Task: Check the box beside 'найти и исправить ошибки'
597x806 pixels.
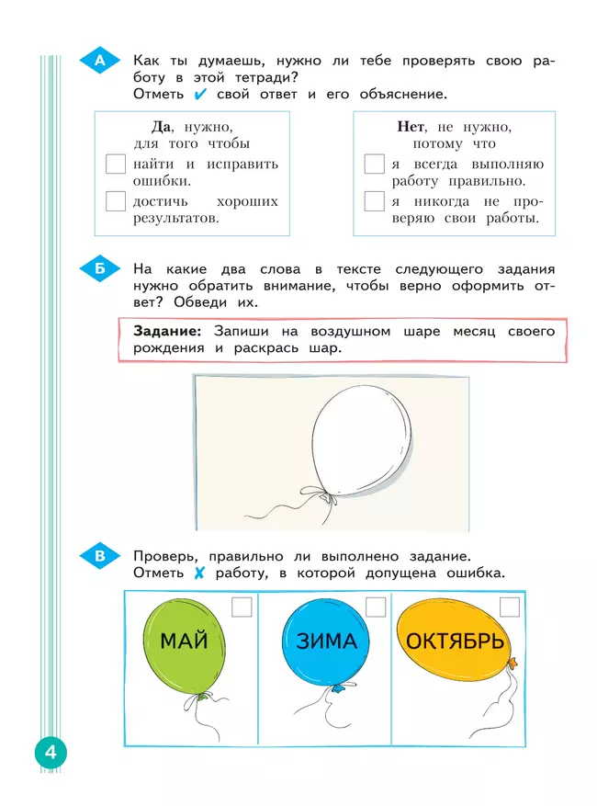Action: pyautogui.click(x=116, y=165)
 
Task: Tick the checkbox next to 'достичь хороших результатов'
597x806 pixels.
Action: pyautogui.click(x=116, y=201)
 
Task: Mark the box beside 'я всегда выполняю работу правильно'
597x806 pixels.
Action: pyautogui.click(x=374, y=165)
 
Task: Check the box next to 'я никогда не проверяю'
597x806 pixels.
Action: pyautogui.click(x=374, y=201)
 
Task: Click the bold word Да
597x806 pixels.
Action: pyautogui.click(x=163, y=126)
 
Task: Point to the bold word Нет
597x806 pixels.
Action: pyautogui.click(x=410, y=126)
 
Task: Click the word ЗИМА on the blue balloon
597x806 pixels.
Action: pyautogui.click(x=326, y=641)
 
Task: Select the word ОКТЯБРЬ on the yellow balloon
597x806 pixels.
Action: pyautogui.click(x=455, y=641)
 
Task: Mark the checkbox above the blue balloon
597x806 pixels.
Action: pyautogui.click(x=376, y=607)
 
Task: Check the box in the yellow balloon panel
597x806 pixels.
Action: pyautogui.click(x=510, y=607)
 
